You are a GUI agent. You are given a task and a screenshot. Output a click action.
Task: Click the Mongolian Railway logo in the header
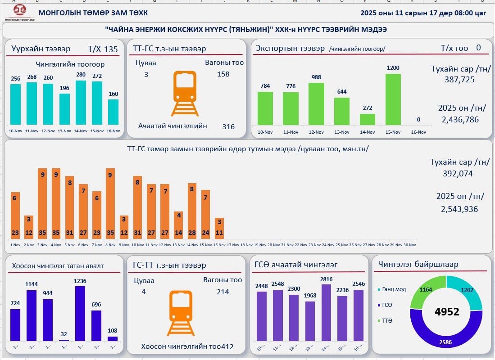click(x=20, y=13)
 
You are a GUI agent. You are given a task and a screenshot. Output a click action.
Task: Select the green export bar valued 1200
click(x=393, y=99)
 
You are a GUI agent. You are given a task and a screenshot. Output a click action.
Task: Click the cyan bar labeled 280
click(x=81, y=103)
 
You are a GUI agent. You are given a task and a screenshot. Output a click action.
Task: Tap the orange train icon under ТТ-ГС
click(x=185, y=94)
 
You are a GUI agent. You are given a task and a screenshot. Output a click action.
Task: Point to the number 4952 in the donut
click(x=446, y=311)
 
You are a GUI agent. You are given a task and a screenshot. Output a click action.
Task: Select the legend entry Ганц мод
click(x=394, y=289)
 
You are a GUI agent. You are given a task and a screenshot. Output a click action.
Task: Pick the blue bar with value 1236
click(x=81, y=314)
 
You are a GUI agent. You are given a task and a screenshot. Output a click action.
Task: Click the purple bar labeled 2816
click(x=326, y=313)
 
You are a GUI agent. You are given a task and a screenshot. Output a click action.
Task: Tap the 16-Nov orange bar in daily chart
click(x=219, y=229)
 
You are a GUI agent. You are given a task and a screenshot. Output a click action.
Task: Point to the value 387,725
click(x=459, y=80)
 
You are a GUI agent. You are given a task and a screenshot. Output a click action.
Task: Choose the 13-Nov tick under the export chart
click(x=341, y=132)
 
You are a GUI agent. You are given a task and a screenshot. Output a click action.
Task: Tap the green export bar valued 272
click(x=367, y=119)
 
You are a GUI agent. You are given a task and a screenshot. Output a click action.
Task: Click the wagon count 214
click(x=223, y=292)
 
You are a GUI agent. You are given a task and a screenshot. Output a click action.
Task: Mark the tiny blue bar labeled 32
click(x=64, y=340)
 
